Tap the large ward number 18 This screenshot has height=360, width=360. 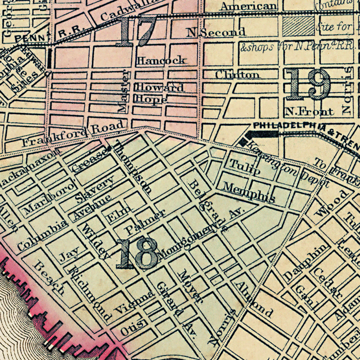coord(137,254)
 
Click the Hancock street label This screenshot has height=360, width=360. coord(161,60)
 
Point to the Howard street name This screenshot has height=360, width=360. coord(160,87)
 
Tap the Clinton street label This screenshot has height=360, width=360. coord(237,75)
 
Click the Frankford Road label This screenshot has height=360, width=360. coord(73,134)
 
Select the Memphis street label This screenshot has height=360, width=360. coord(249,192)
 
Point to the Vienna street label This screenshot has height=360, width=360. coord(134,302)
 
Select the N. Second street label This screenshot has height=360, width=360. coord(216,32)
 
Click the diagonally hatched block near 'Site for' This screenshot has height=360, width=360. coord(298,26)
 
